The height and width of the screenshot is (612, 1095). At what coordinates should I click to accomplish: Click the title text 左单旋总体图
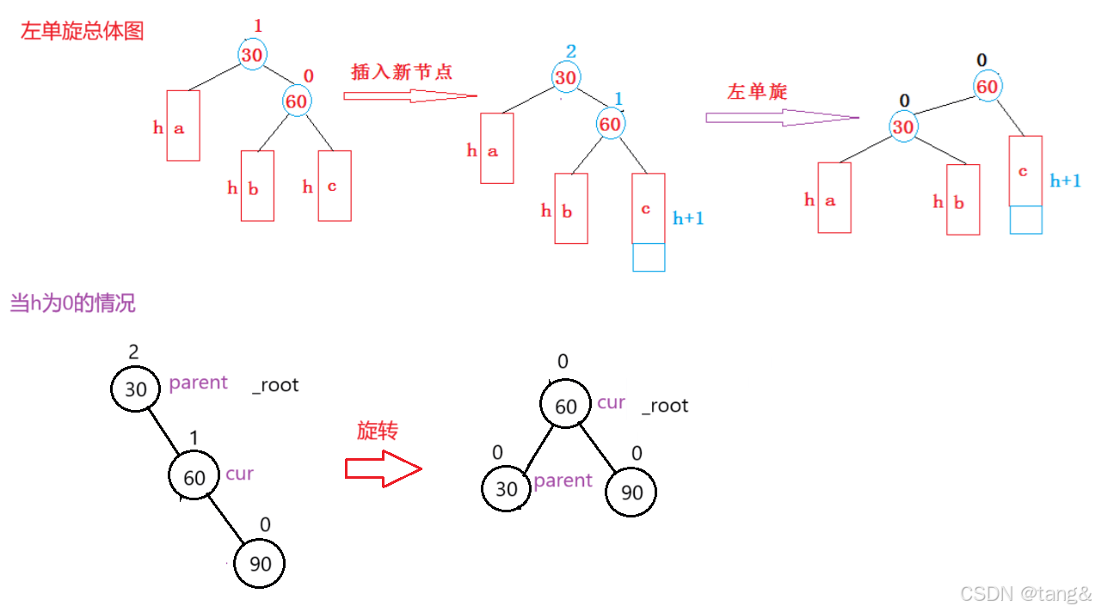coord(83,32)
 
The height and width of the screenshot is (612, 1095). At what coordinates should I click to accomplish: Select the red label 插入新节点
coord(402,72)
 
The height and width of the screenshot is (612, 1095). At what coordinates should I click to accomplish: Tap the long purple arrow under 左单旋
coord(782,118)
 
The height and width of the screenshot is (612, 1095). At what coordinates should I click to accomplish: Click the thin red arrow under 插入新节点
coord(409,96)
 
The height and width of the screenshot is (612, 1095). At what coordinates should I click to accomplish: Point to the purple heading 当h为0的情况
coord(72,303)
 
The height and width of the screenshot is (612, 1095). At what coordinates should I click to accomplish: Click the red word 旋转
coord(378,431)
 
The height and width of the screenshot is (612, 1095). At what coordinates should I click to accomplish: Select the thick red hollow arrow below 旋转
coord(383,469)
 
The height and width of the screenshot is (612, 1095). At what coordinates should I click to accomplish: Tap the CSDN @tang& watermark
coord(1025,593)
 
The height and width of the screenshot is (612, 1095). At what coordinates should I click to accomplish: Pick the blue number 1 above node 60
coord(618,100)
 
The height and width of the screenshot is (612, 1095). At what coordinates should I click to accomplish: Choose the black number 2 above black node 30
coord(132,352)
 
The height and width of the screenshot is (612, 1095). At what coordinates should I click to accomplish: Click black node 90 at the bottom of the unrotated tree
coord(260,564)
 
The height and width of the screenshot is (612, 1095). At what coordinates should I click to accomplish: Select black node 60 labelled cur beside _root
coord(566,407)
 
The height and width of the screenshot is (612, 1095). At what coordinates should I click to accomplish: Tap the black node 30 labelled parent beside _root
coord(136,389)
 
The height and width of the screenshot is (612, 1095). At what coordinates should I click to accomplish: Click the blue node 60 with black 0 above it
coord(987,87)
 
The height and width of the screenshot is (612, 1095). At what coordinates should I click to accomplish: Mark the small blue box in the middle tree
coord(649,258)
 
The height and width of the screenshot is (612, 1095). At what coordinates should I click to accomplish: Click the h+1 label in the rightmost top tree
coord(1066,181)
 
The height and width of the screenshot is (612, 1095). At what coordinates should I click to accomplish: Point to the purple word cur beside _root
coord(611,403)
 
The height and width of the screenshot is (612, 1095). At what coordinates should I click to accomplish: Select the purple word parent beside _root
coord(198,382)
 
